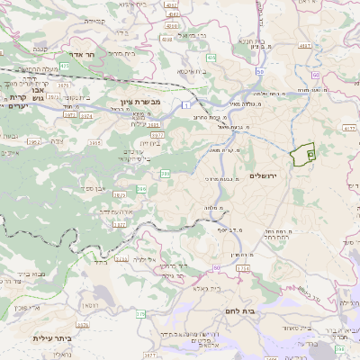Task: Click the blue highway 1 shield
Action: click(184, 106)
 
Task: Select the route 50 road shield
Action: click(260, 71)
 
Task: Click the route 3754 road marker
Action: click(243, 268)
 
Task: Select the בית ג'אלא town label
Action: click(184, 290)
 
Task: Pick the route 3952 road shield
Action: click(35, 141)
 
